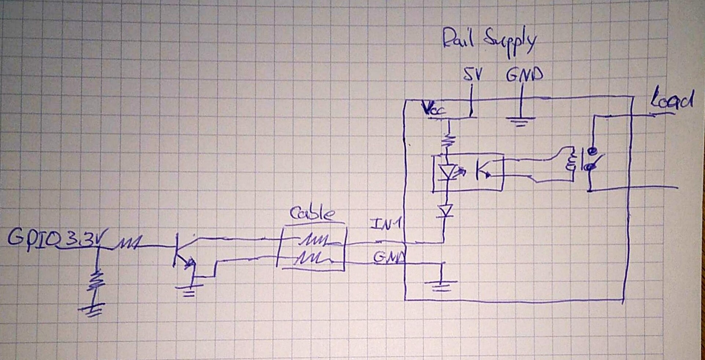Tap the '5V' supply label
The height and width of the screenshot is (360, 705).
tap(473, 74)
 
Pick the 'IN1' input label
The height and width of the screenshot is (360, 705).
tap(386, 224)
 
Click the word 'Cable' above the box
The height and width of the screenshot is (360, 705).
tap(312, 214)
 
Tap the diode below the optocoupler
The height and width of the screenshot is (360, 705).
tap(445, 211)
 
